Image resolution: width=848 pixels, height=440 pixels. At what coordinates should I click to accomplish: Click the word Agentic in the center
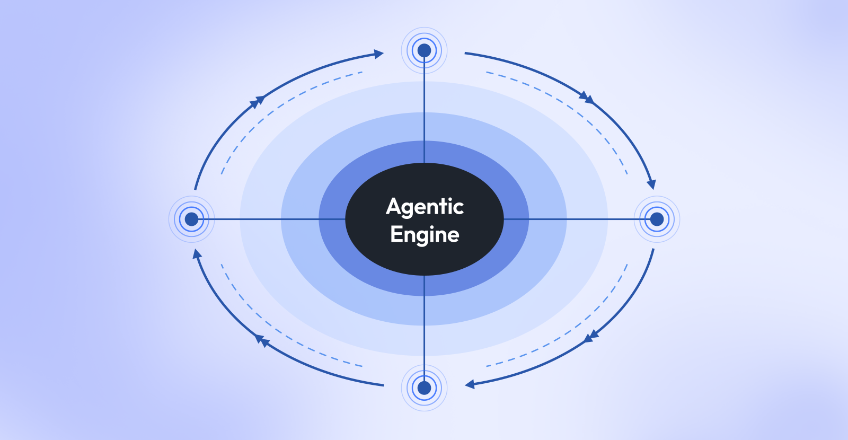click(425, 207)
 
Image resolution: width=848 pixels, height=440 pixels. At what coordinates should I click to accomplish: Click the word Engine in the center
click(425, 235)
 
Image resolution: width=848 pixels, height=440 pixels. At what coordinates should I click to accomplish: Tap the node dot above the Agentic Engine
click(424, 50)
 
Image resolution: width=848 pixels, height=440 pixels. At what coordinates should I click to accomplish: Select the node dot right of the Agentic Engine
click(657, 219)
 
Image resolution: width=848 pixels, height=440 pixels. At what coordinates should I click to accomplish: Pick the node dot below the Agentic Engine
click(424, 388)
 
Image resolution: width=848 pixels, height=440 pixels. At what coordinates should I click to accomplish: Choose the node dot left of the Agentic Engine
click(191, 219)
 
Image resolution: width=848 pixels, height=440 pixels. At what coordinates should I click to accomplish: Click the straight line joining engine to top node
click(424, 110)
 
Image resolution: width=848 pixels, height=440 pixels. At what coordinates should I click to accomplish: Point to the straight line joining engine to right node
click(577, 219)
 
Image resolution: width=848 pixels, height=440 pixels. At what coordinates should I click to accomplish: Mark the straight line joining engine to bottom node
click(424, 328)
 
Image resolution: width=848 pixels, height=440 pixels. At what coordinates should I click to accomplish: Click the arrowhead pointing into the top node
click(378, 54)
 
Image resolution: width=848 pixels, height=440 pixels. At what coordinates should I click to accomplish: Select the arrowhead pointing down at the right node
click(651, 185)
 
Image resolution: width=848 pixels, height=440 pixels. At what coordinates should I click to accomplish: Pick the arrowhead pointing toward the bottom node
click(470, 384)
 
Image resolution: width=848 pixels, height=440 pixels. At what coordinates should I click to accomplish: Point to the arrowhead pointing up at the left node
click(197, 254)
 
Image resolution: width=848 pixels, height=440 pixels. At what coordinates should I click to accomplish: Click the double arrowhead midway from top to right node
click(587, 98)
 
